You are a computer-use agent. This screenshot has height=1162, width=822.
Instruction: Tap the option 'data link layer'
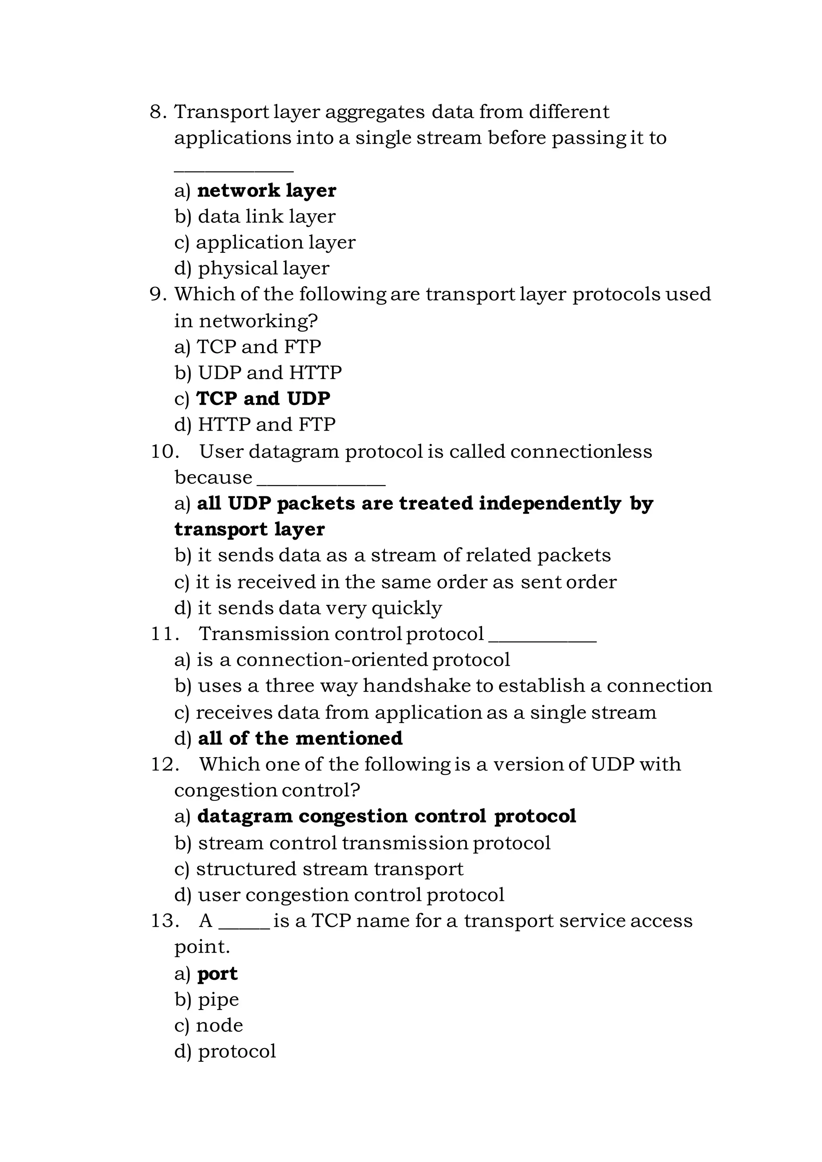(266, 217)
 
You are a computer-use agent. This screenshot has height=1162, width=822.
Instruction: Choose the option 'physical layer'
(263, 268)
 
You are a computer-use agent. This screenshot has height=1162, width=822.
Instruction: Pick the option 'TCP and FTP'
(258, 347)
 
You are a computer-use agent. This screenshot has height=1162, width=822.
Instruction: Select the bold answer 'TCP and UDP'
(263, 398)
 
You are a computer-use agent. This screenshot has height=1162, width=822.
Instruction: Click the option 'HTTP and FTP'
(266, 424)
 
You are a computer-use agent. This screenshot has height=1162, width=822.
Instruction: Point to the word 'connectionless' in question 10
(580, 451)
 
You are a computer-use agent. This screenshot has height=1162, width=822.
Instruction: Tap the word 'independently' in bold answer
(550, 504)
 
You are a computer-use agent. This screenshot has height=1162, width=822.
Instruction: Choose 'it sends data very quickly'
(319, 608)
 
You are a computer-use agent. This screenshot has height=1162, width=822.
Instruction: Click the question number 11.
(165, 634)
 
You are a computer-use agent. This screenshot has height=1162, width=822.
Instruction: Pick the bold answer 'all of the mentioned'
(300, 738)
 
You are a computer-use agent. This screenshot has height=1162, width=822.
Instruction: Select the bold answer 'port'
(217, 974)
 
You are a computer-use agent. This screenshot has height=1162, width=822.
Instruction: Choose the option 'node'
(219, 1025)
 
